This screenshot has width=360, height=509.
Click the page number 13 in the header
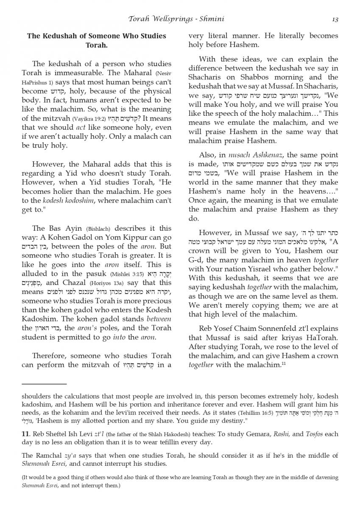click(x=335, y=19)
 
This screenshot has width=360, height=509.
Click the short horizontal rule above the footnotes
click(x=44, y=383)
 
